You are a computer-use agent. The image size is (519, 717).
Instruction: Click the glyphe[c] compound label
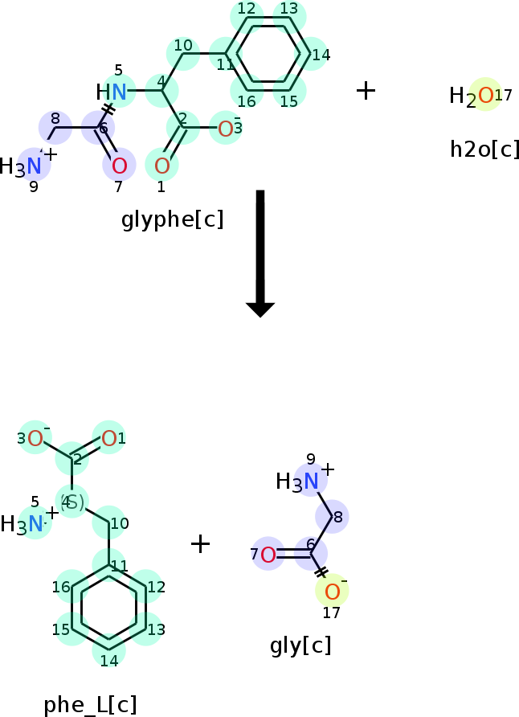tap(172, 219)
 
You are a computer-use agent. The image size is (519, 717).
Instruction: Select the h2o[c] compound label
tap(484, 149)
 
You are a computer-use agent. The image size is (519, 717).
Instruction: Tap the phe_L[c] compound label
tap(90, 705)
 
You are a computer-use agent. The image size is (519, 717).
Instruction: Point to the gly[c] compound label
tap(300, 645)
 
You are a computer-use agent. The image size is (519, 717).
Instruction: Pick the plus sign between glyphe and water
tap(366, 90)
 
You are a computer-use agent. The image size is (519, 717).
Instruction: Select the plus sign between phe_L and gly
tap(200, 544)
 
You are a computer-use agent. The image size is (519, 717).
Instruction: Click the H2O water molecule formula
tap(473, 96)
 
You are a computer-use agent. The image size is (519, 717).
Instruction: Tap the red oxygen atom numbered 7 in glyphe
tap(119, 166)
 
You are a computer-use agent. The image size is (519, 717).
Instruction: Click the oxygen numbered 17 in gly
tap(331, 592)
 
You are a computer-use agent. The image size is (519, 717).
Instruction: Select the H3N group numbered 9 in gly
tap(300, 481)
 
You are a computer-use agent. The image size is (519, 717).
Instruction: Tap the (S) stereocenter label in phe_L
tap(72, 502)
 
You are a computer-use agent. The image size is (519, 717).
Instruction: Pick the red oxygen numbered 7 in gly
tap(268, 554)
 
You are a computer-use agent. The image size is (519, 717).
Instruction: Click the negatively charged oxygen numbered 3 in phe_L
tap(35, 438)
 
